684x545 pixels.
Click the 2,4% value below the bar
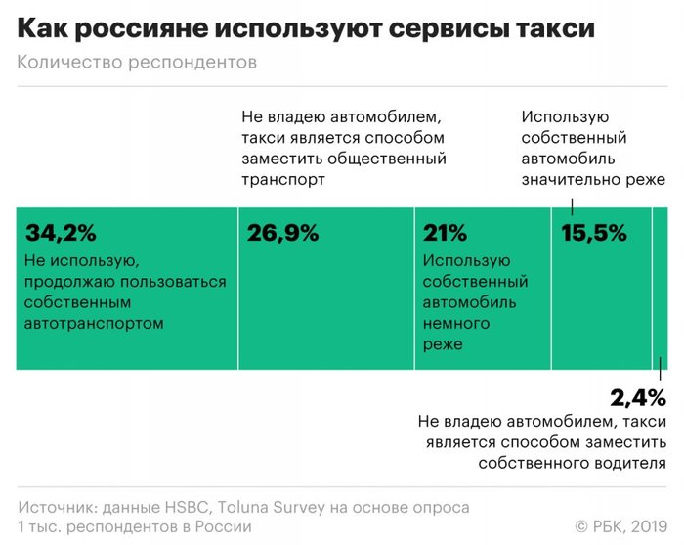(x=637, y=397)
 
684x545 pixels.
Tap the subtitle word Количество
(x=67, y=64)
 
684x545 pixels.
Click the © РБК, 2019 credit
(x=620, y=526)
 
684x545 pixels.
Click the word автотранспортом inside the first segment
(x=95, y=322)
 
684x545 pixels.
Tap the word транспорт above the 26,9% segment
(x=283, y=180)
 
